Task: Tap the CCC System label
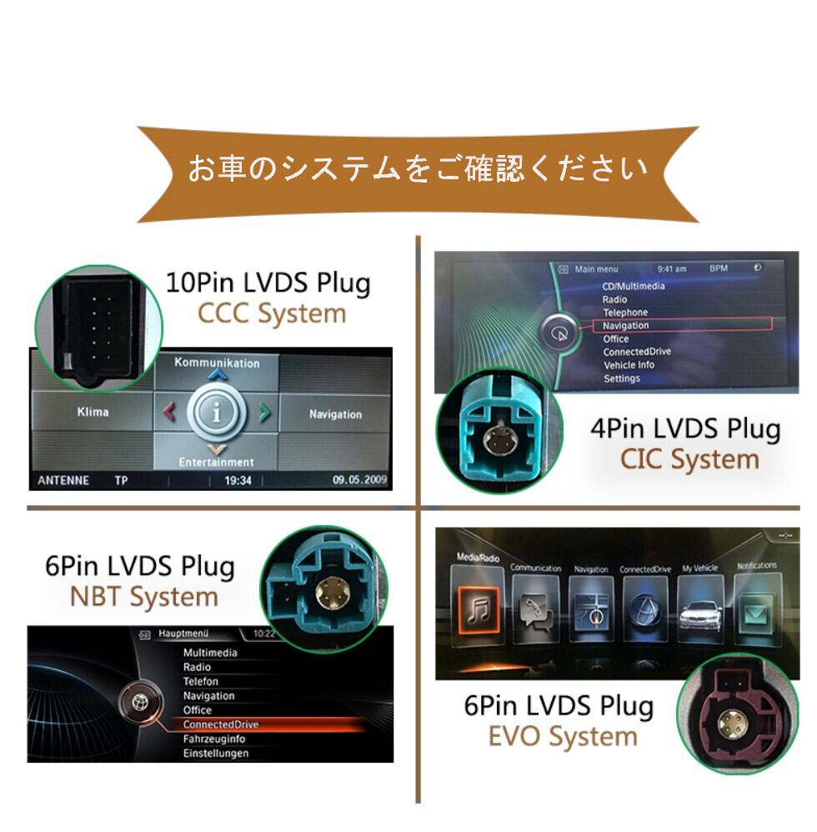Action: pos(271,314)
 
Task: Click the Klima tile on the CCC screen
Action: pos(92,412)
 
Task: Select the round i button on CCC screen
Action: pos(217,413)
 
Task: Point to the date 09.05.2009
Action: pos(359,480)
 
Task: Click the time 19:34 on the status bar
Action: pos(238,480)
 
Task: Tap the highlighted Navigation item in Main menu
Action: pos(625,325)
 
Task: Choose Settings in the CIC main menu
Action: pos(622,378)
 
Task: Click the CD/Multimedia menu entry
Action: pos(634,286)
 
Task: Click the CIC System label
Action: pos(689,459)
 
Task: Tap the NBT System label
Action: pos(144,597)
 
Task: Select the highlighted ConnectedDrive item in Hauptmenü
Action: pos(221,724)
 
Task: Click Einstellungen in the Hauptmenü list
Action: pos(216,753)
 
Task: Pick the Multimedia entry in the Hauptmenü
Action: pos(210,653)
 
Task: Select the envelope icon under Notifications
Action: pos(755,614)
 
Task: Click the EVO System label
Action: pos(563,736)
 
